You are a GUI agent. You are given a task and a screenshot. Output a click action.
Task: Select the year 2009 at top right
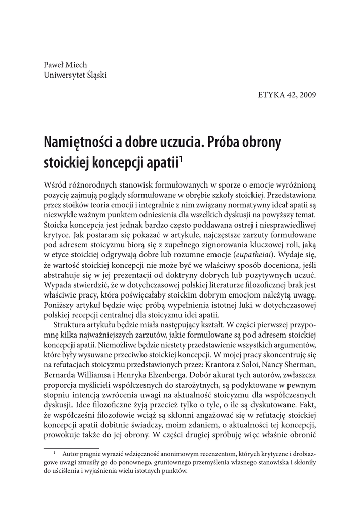(306, 95)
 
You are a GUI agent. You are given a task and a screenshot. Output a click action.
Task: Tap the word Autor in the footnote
(71, 455)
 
